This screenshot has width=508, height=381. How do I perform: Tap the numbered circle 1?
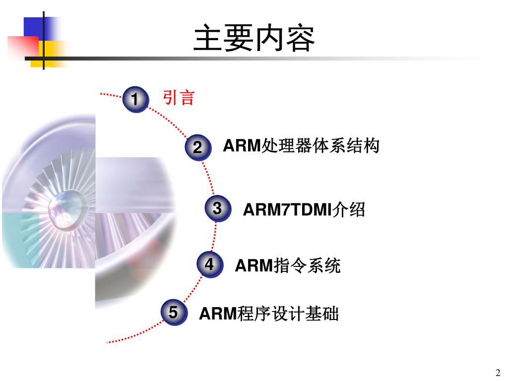135,100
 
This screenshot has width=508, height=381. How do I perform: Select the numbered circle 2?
197,147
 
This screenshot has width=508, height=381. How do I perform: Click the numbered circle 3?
217,209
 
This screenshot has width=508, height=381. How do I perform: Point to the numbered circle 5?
173,313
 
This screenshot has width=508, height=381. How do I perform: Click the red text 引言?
179,98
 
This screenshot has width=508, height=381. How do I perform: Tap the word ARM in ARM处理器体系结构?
242,146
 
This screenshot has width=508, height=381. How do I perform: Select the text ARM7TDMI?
287,210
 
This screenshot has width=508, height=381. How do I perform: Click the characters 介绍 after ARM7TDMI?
348,210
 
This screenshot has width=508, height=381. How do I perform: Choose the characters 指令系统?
307,266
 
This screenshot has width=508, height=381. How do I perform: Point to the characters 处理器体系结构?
320,146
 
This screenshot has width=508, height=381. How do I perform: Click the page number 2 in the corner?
498,373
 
